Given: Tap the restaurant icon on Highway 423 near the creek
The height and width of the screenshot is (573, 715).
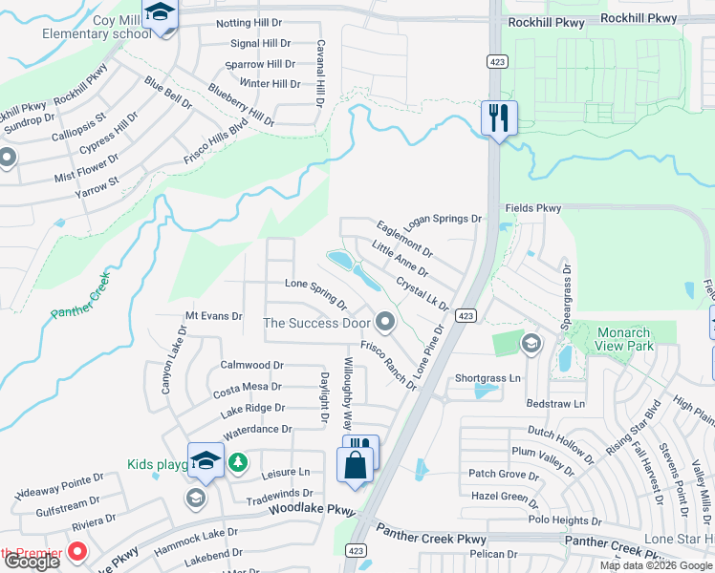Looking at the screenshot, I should (x=499, y=118).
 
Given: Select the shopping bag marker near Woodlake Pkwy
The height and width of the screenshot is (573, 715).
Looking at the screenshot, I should (x=356, y=466).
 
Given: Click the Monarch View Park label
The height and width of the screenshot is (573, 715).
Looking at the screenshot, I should (x=624, y=339).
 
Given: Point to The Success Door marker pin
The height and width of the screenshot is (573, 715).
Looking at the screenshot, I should (x=385, y=322).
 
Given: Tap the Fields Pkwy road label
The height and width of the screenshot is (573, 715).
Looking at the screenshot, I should (x=532, y=208).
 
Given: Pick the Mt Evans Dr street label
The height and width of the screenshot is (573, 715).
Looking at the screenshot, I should (x=213, y=315).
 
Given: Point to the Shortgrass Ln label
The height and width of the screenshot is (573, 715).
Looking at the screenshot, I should (x=487, y=378).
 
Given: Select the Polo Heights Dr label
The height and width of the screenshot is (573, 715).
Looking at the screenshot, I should (x=564, y=520).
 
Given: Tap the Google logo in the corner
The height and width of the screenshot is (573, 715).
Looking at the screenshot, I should (x=32, y=562).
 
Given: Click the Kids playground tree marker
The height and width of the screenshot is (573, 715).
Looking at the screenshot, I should (x=238, y=464).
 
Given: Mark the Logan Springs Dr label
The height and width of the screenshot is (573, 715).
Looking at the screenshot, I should (x=442, y=221).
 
